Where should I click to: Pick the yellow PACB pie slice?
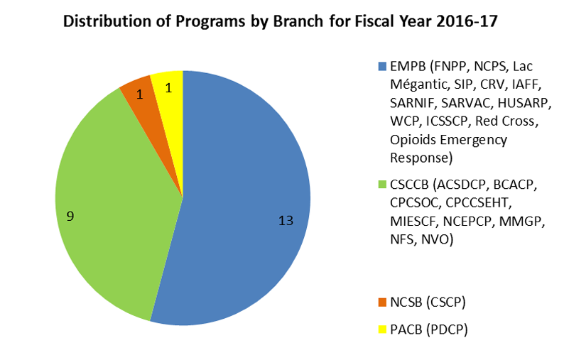pyautogui.click(x=168, y=85)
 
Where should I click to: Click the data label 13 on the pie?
pyautogui.click(x=286, y=220)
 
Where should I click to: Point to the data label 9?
pyautogui.click(x=70, y=215)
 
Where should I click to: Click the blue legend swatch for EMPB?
pyautogui.click(x=382, y=67)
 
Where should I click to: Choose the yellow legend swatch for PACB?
pyautogui.click(x=382, y=329)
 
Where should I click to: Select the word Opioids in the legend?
pyautogui.click(x=412, y=138)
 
